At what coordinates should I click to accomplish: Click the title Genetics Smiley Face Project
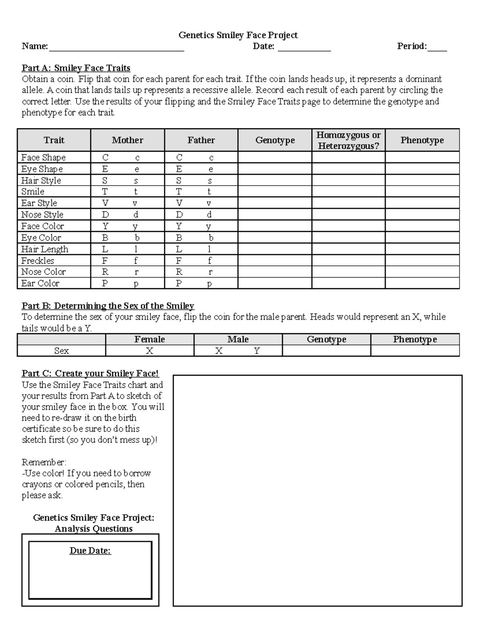click(238, 35)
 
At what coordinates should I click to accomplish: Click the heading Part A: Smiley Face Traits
click(76, 68)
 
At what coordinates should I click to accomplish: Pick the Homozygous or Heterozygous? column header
click(348, 140)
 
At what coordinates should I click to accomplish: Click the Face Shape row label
click(43, 157)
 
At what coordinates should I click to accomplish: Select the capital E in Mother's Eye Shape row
click(105, 169)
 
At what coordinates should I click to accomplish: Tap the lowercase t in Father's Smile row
click(209, 191)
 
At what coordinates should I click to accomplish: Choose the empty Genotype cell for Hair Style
click(275, 180)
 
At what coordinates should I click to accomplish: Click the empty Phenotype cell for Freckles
click(422, 260)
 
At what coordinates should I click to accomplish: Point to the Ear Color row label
click(40, 283)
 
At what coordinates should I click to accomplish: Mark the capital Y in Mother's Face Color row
click(105, 226)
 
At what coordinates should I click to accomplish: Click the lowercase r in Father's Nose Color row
click(210, 272)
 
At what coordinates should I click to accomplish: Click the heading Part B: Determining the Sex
click(108, 306)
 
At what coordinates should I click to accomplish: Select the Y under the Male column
click(257, 351)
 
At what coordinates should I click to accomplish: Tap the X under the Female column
click(150, 351)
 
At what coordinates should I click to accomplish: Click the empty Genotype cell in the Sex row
click(326, 351)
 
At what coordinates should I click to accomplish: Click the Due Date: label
click(90, 551)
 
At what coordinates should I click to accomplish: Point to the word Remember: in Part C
click(44, 462)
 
